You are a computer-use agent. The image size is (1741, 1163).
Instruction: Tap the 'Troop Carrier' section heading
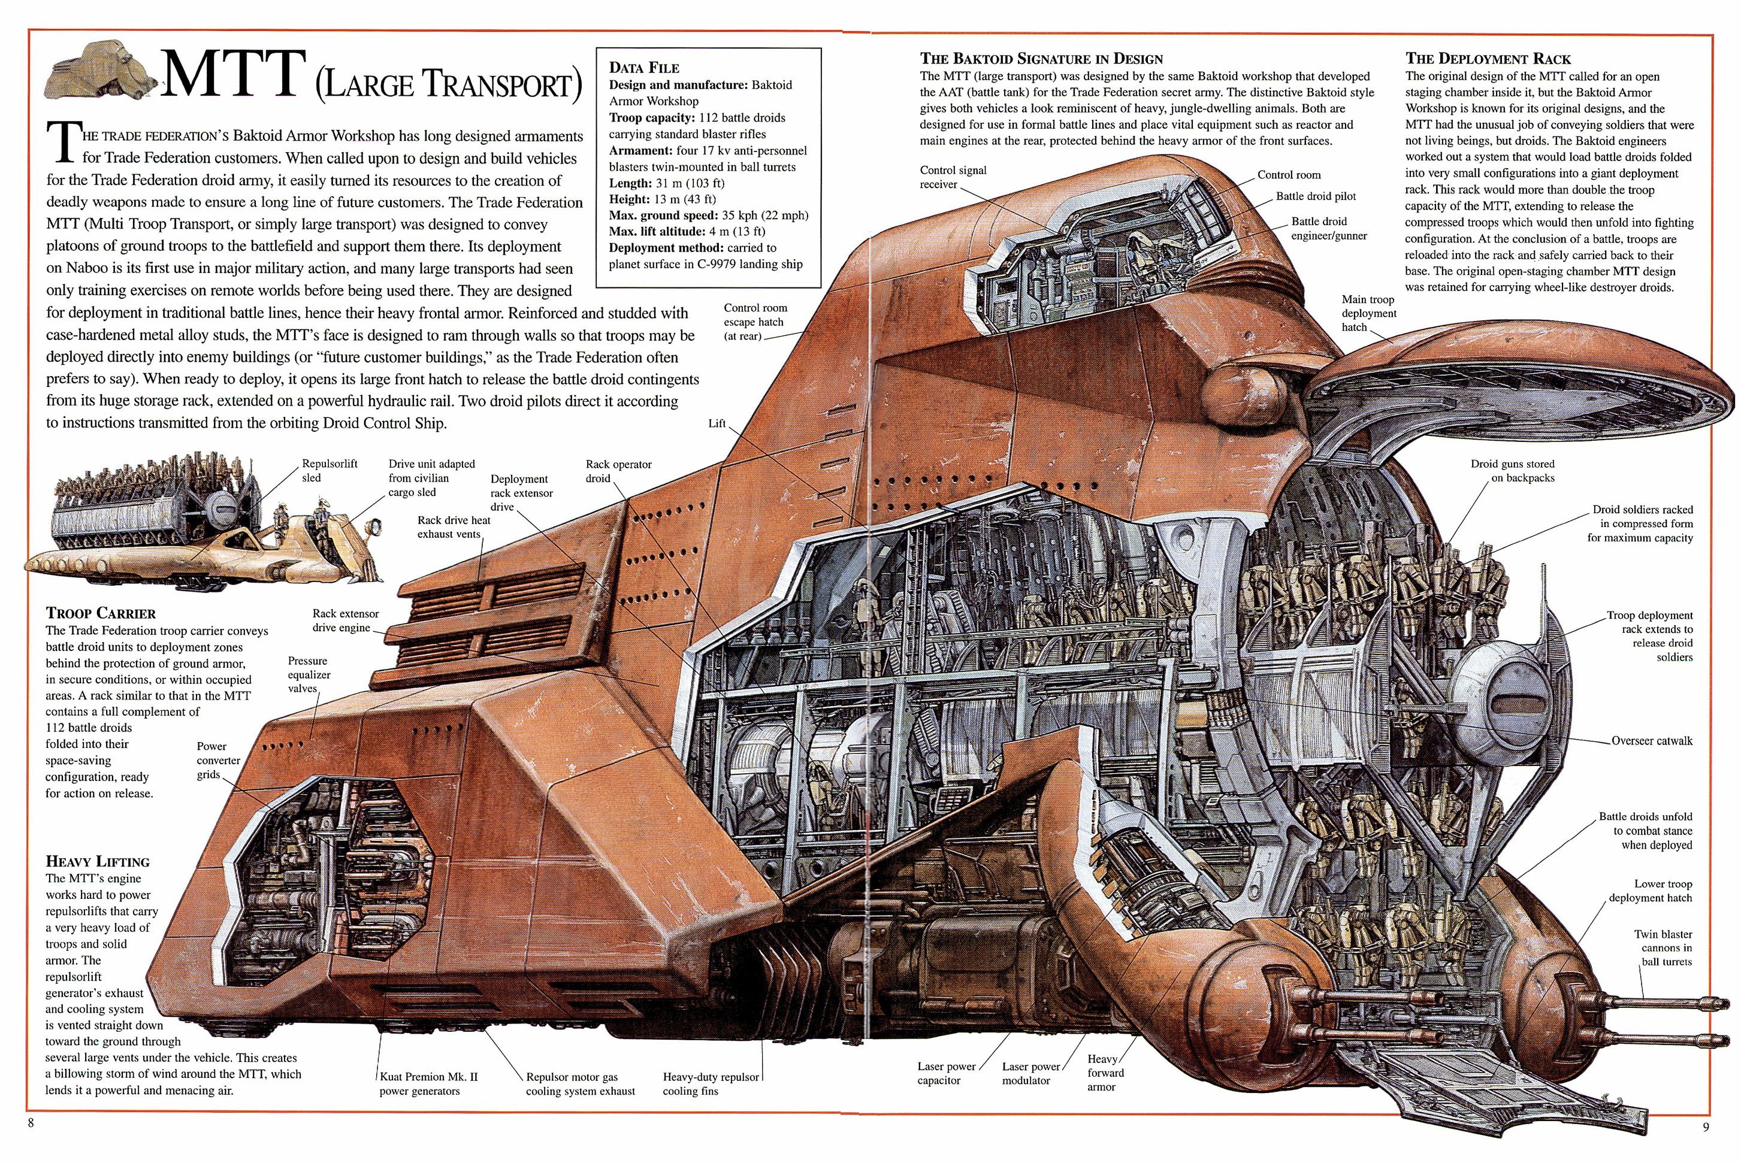[x=101, y=613]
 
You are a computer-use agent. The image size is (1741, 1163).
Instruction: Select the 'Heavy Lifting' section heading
[x=97, y=861]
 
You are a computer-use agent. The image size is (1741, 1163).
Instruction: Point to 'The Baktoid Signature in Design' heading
[x=1041, y=59]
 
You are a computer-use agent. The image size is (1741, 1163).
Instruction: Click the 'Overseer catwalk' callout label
[x=1651, y=740]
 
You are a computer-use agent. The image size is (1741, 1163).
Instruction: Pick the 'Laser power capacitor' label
[x=946, y=1073]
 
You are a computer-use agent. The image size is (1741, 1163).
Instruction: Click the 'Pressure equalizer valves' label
[x=309, y=674]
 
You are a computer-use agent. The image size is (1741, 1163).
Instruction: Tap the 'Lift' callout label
[x=717, y=423]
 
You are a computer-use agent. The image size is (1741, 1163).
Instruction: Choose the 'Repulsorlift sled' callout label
[x=329, y=470]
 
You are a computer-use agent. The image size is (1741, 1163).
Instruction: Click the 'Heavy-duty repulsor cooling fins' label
[x=711, y=1083]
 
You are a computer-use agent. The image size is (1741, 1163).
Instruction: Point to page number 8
[x=31, y=1123]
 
